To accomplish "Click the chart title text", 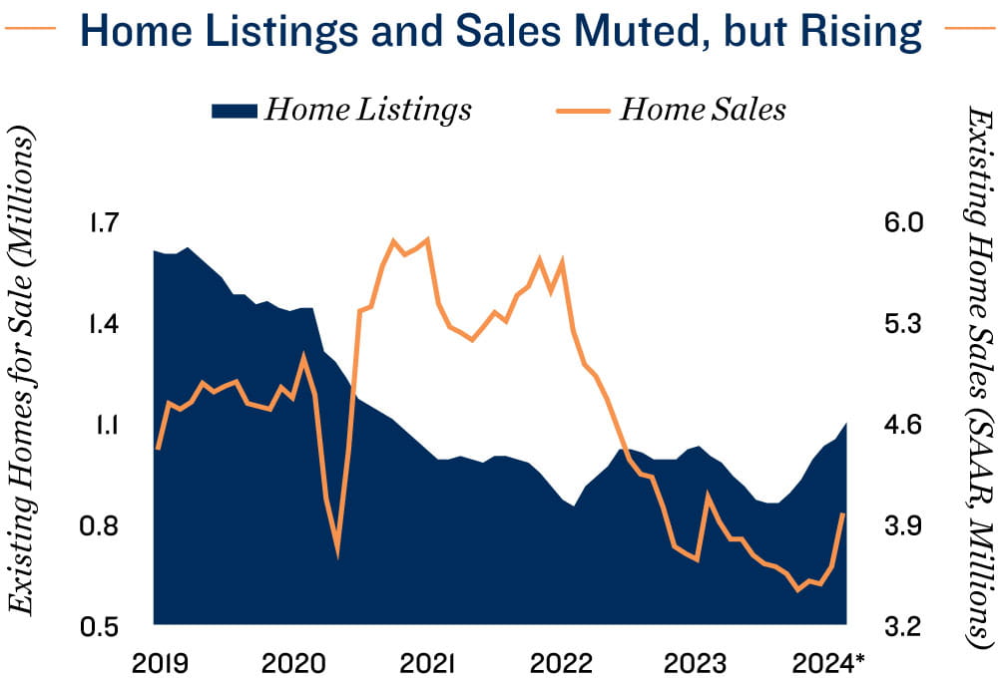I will coord(499,32).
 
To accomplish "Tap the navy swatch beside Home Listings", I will coord(234,110).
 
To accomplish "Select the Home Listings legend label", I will coord(367,109).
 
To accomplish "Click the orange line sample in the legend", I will coord(581,110).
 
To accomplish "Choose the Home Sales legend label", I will coord(703,109).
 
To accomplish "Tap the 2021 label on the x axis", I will coord(429,663).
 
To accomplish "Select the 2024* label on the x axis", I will coord(828,663).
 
